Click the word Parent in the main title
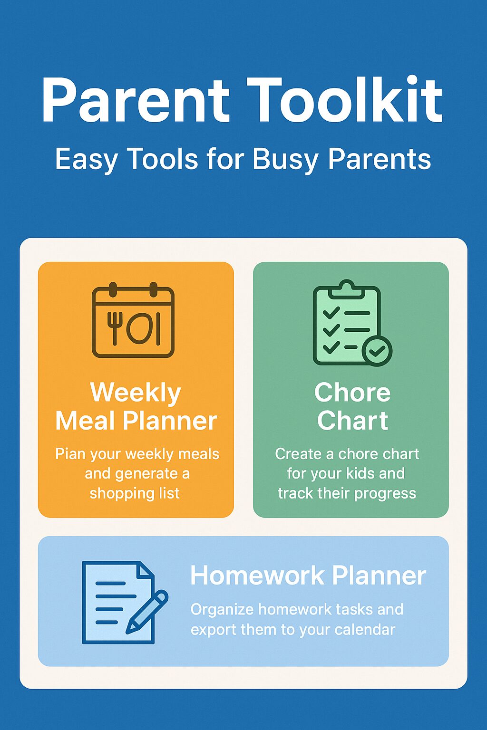click(136, 101)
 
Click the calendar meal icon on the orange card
click(133, 321)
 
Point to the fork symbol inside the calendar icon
click(115, 327)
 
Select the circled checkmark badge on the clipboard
click(377, 351)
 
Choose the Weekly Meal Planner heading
click(136, 407)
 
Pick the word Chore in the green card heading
click(352, 393)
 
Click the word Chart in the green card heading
click(352, 421)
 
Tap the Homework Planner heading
click(308, 576)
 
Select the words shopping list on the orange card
click(135, 493)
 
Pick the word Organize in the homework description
click(222, 609)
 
